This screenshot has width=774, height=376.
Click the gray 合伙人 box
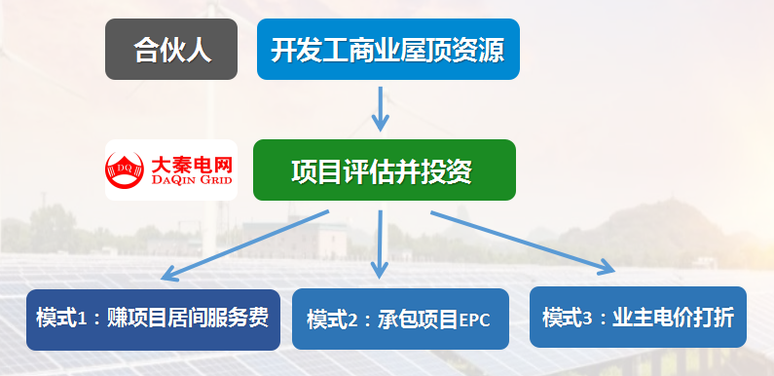click(x=171, y=49)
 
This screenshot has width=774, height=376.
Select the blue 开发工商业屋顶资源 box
click(x=387, y=49)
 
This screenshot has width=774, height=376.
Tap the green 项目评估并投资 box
click(x=384, y=170)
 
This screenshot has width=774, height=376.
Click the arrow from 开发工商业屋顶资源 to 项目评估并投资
click(x=382, y=107)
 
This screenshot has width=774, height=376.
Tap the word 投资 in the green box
click(x=450, y=170)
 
